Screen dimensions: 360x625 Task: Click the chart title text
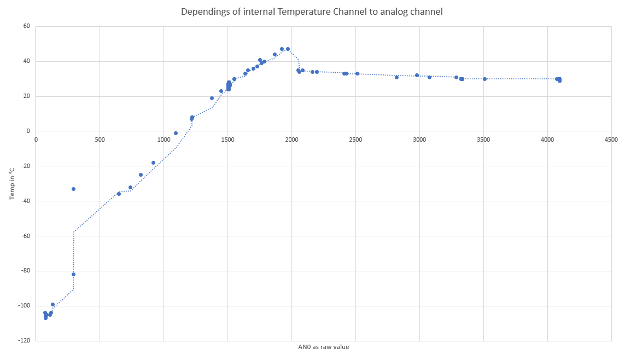(312, 11)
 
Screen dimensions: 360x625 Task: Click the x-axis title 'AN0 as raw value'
(323, 347)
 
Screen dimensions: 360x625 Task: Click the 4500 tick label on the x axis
(611, 140)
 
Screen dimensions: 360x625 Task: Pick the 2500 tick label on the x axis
(355, 140)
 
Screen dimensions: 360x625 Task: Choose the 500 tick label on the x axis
(100, 140)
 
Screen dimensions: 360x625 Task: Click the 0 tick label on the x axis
(36, 140)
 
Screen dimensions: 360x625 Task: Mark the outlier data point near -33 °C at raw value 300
(73, 189)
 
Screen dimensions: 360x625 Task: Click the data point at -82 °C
(73, 274)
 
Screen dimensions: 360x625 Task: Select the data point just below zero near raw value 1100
(176, 133)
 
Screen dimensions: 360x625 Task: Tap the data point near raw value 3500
(484, 79)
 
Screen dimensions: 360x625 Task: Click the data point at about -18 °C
(153, 162)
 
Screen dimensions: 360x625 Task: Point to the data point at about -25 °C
(141, 175)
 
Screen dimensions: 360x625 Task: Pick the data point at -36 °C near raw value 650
(119, 194)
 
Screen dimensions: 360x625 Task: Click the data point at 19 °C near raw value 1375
(212, 98)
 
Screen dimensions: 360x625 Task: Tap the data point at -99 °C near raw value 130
(52, 304)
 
